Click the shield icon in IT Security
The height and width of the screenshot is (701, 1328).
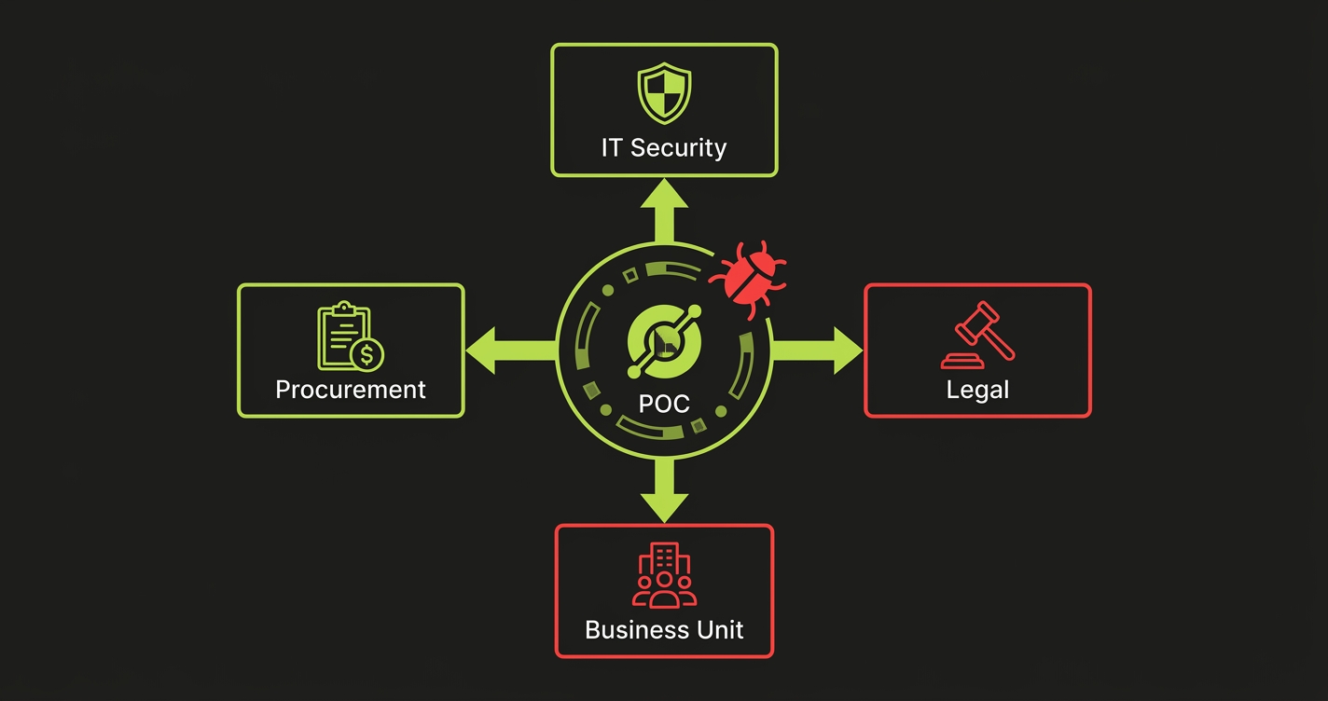(664, 94)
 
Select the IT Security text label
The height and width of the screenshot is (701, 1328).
(664, 147)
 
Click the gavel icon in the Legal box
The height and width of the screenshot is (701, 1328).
(977, 335)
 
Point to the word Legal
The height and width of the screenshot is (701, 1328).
(977, 389)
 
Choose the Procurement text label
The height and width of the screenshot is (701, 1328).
(351, 389)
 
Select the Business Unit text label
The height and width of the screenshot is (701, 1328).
(664, 629)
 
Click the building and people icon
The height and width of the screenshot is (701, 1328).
(664, 577)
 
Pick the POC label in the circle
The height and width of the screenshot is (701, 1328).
(664, 403)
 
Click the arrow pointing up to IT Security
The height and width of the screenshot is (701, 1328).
(664, 211)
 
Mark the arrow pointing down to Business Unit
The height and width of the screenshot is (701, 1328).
(664, 489)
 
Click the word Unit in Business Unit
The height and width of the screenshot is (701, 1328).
(719, 629)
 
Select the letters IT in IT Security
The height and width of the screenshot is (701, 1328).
(612, 147)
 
